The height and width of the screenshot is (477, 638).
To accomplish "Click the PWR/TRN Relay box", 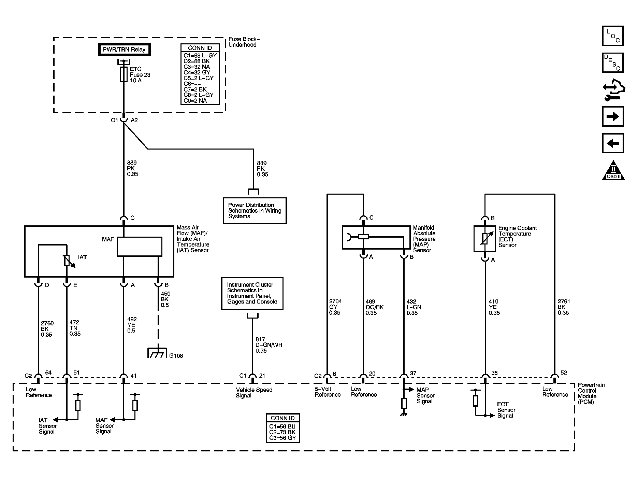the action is (x=124, y=49).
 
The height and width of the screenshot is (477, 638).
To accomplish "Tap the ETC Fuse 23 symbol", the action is (x=124, y=74).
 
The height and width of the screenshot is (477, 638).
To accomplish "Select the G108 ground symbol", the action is (x=157, y=353).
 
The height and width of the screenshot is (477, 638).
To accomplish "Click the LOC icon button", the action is (x=613, y=36).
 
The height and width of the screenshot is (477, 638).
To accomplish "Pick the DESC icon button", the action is (x=613, y=62).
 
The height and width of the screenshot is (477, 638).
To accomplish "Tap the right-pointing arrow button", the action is (x=613, y=116).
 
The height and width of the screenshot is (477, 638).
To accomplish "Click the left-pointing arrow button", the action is (x=613, y=143).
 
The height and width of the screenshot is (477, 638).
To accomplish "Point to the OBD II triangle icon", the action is (x=613, y=170).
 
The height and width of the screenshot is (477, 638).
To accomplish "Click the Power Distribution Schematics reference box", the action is (x=255, y=211).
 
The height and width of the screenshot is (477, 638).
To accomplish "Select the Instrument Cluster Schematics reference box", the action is (x=252, y=293).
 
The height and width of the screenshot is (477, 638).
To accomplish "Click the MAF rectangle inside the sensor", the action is (x=140, y=247).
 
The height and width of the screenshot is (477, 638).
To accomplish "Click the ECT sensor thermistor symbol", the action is (x=484, y=239).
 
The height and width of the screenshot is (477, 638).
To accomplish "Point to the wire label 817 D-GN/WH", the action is (x=269, y=345).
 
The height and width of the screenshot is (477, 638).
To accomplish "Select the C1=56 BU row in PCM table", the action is (x=282, y=426).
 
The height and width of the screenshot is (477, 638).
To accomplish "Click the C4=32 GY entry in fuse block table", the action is (x=197, y=72).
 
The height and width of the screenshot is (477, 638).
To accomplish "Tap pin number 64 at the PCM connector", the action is (x=48, y=373).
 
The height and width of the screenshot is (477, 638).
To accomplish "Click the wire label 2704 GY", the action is (x=335, y=307).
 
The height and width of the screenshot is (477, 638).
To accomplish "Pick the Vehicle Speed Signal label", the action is (x=254, y=393).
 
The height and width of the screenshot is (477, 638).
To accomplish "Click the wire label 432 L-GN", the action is (x=414, y=307).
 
